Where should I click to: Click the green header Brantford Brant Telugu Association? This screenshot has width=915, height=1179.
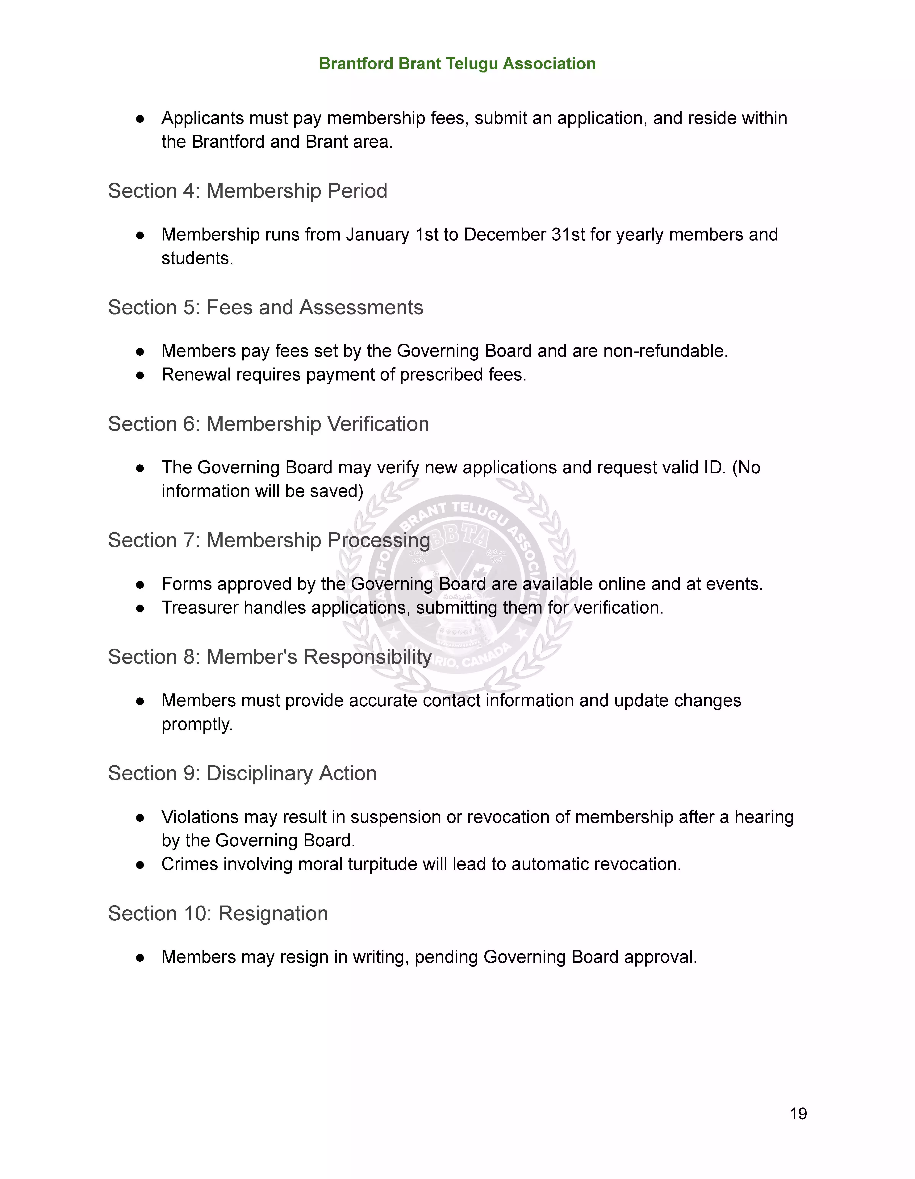coord(457,64)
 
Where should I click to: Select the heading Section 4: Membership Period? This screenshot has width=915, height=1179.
coord(247,191)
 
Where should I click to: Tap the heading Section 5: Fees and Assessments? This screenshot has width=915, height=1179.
coord(265,308)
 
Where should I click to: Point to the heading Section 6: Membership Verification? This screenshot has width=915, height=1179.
coord(269,424)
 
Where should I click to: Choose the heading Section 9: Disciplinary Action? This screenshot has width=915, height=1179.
coord(242,774)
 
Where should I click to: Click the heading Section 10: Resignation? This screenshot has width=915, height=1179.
coord(218,913)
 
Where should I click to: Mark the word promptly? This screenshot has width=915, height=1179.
coord(197,725)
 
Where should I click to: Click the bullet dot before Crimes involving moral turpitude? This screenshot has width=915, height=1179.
coord(140,865)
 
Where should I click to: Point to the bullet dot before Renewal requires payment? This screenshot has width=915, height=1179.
coord(140,375)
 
